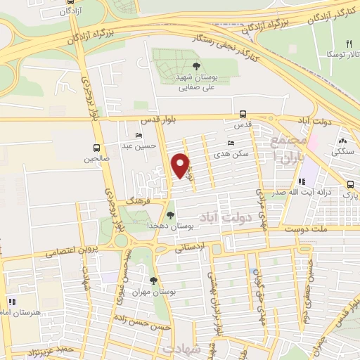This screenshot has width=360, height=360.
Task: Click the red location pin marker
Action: [181, 166]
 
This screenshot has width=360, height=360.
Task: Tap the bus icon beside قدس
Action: [243, 113]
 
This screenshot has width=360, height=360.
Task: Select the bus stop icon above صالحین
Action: [96, 148]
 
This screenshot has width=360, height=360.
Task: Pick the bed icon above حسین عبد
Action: [139, 134]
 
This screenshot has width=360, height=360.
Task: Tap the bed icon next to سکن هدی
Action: [231, 143]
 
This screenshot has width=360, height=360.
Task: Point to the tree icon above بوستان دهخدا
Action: [171, 215]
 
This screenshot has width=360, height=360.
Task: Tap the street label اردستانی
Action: [205, 245]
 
